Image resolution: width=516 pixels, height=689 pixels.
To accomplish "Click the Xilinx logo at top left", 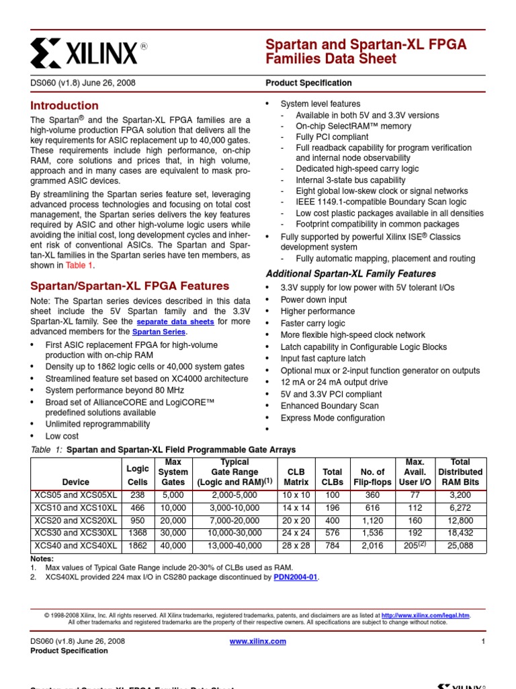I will [88, 51].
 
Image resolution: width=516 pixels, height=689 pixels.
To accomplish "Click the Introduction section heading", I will [64, 106].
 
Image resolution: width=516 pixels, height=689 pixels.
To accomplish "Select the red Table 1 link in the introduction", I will [75, 265].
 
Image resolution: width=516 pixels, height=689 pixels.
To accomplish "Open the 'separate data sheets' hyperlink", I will [175, 322].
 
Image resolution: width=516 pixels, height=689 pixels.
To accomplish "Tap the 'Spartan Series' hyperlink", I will [160, 332].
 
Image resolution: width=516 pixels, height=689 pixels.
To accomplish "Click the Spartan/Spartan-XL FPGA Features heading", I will [130, 286].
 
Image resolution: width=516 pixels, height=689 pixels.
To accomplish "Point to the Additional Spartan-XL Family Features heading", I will [351, 274].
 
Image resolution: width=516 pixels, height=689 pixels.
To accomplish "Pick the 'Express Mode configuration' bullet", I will [333, 418].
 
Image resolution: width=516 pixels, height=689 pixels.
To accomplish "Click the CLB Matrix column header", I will [296, 477].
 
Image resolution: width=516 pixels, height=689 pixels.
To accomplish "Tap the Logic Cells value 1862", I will [138, 546].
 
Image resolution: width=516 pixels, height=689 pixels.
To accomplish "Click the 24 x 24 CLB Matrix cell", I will [296, 534].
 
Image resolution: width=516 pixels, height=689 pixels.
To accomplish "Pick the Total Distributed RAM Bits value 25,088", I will [460, 546].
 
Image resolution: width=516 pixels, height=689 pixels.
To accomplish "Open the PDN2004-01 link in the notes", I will [295, 577].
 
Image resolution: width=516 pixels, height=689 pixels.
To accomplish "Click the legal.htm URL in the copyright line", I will [426, 615].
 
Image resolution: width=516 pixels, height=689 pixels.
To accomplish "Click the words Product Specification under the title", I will [308, 83].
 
